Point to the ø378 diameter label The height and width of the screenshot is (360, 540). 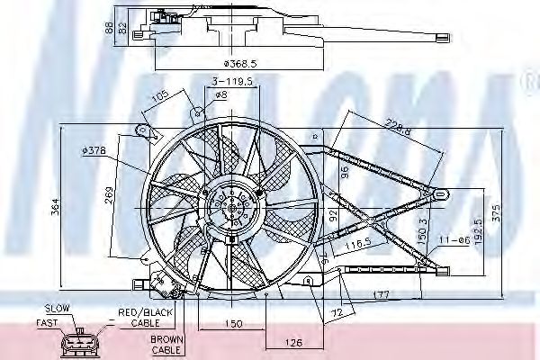point(94,150)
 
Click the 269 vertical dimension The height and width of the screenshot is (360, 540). point(108,193)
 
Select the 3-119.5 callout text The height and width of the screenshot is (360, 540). point(230,81)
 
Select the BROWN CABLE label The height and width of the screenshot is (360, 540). point(166,345)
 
